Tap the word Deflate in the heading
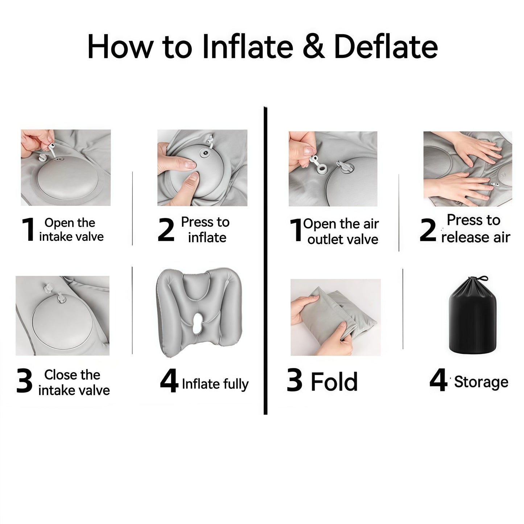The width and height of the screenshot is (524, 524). click(x=385, y=47)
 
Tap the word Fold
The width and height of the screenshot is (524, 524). click(x=334, y=381)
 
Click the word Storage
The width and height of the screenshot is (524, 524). click(x=481, y=382)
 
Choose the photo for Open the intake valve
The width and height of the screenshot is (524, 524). click(x=66, y=168)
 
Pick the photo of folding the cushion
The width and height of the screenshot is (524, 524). click(x=335, y=317)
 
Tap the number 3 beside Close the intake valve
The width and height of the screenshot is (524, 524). click(x=25, y=381)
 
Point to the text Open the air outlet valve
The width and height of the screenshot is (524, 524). click(x=341, y=231)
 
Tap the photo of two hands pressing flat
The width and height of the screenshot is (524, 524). click(x=467, y=169)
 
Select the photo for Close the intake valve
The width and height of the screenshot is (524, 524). click(x=62, y=315)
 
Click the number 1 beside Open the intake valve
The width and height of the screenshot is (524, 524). click(x=28, y=230)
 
